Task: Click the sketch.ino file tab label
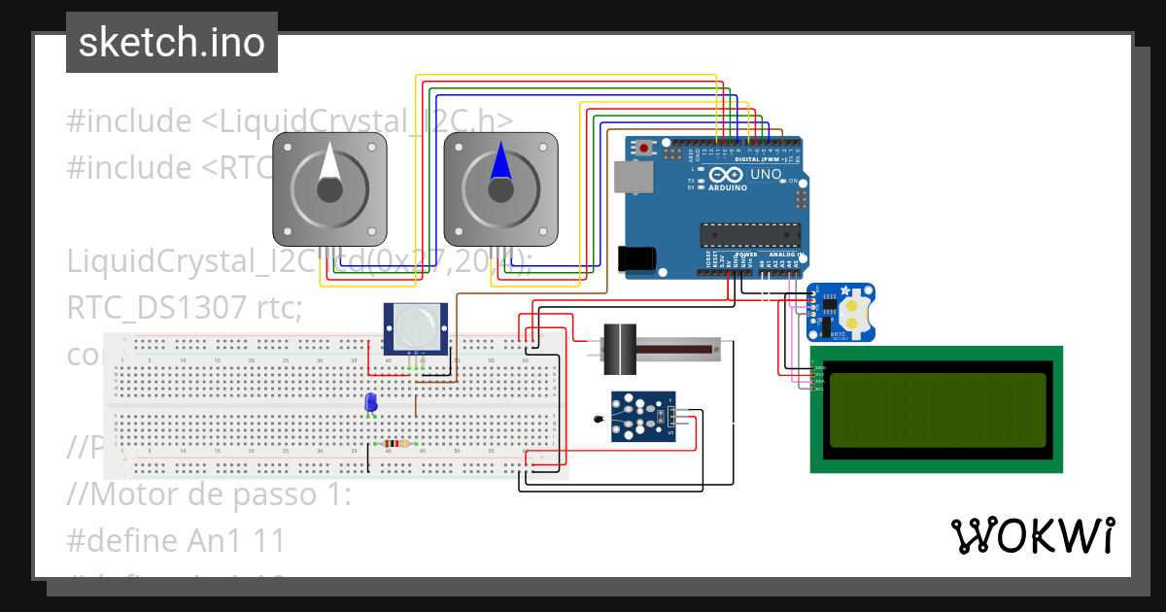[x=171, y=43]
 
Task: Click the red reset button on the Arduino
[x=643, y=149]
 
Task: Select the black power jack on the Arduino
[x=636, y=258]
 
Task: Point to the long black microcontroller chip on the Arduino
[x=750, y=235]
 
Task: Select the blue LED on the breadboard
[x=370, y=402]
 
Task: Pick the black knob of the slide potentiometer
[x=616, y=347]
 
